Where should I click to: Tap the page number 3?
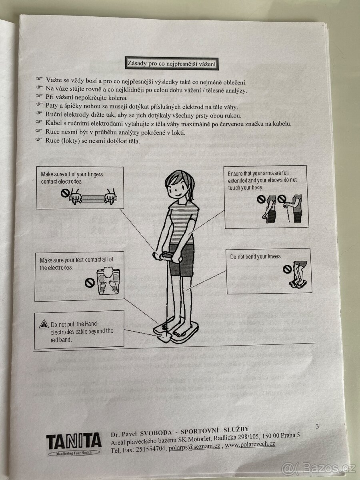(x=317, y=426)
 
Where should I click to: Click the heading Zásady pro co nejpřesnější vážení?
(x=172, y=63)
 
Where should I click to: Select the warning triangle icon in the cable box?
(x=44, y=324)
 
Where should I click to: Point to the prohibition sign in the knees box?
(x=286, y=269)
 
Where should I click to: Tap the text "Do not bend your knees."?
(x=256, y=257)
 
